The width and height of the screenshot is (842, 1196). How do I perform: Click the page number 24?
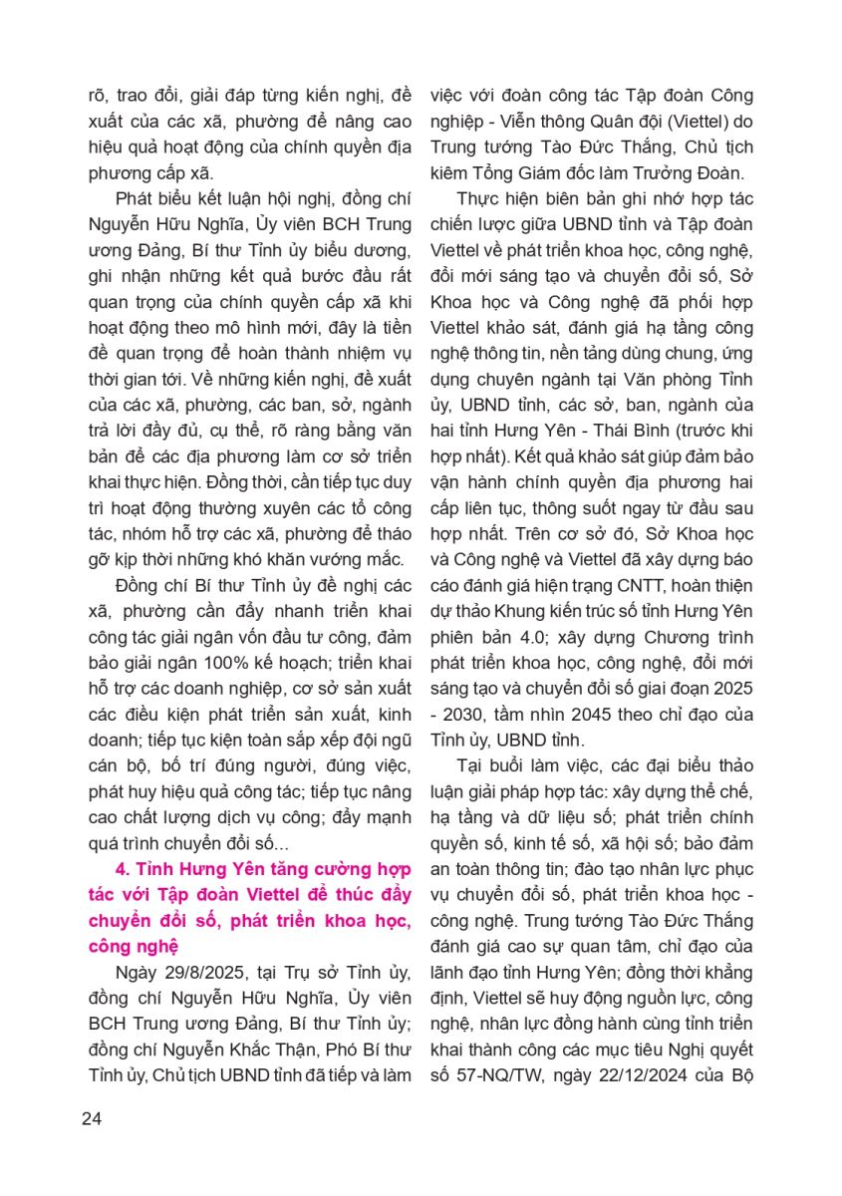(x=92, y=1117)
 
